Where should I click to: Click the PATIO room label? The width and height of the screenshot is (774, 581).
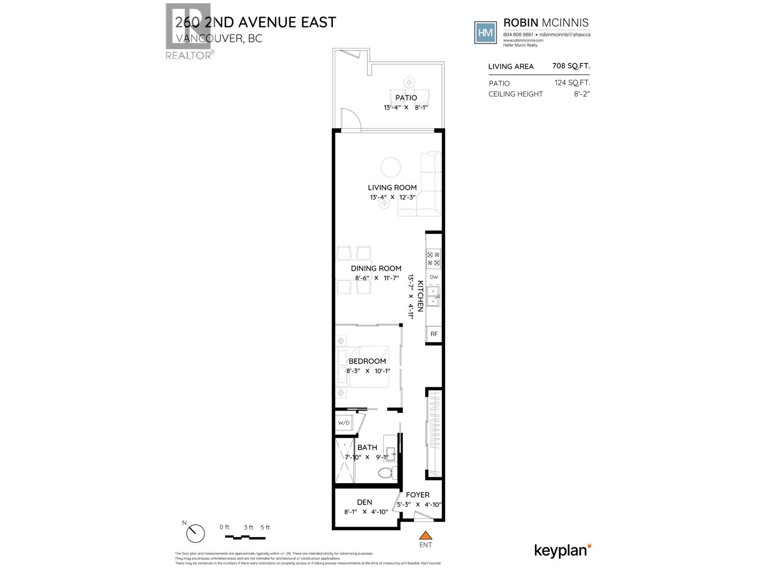(x=406, y=98)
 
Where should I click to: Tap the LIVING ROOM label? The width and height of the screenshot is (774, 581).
(x=392, y=187)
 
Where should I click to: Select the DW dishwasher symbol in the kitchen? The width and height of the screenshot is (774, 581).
(x=433, y=277)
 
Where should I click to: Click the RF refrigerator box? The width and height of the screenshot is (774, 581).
(x=434, y=334)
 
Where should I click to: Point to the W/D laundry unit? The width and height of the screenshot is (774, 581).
(x=344, y=423)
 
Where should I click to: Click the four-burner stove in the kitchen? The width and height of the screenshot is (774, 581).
(x=433, y=259)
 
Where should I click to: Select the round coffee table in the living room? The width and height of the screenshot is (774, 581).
(x=390, y=168)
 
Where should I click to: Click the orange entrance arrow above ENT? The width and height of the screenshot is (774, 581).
(x=425, y=535)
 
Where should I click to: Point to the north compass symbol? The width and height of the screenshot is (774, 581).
(x=195, y=534)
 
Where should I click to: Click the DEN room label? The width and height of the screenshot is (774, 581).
(x=364, y=502)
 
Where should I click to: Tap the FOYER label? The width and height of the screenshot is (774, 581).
(x=417, y=495)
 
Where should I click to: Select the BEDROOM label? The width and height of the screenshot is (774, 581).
(x=367, y=361)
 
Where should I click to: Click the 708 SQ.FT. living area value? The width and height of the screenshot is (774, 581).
(x=571, y=66)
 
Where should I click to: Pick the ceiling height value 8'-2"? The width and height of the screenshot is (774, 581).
(x=582, y=94)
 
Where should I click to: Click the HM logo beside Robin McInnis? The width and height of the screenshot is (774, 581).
(x=485, y=32)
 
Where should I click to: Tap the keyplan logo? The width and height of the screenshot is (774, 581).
(x=563, y=550)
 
